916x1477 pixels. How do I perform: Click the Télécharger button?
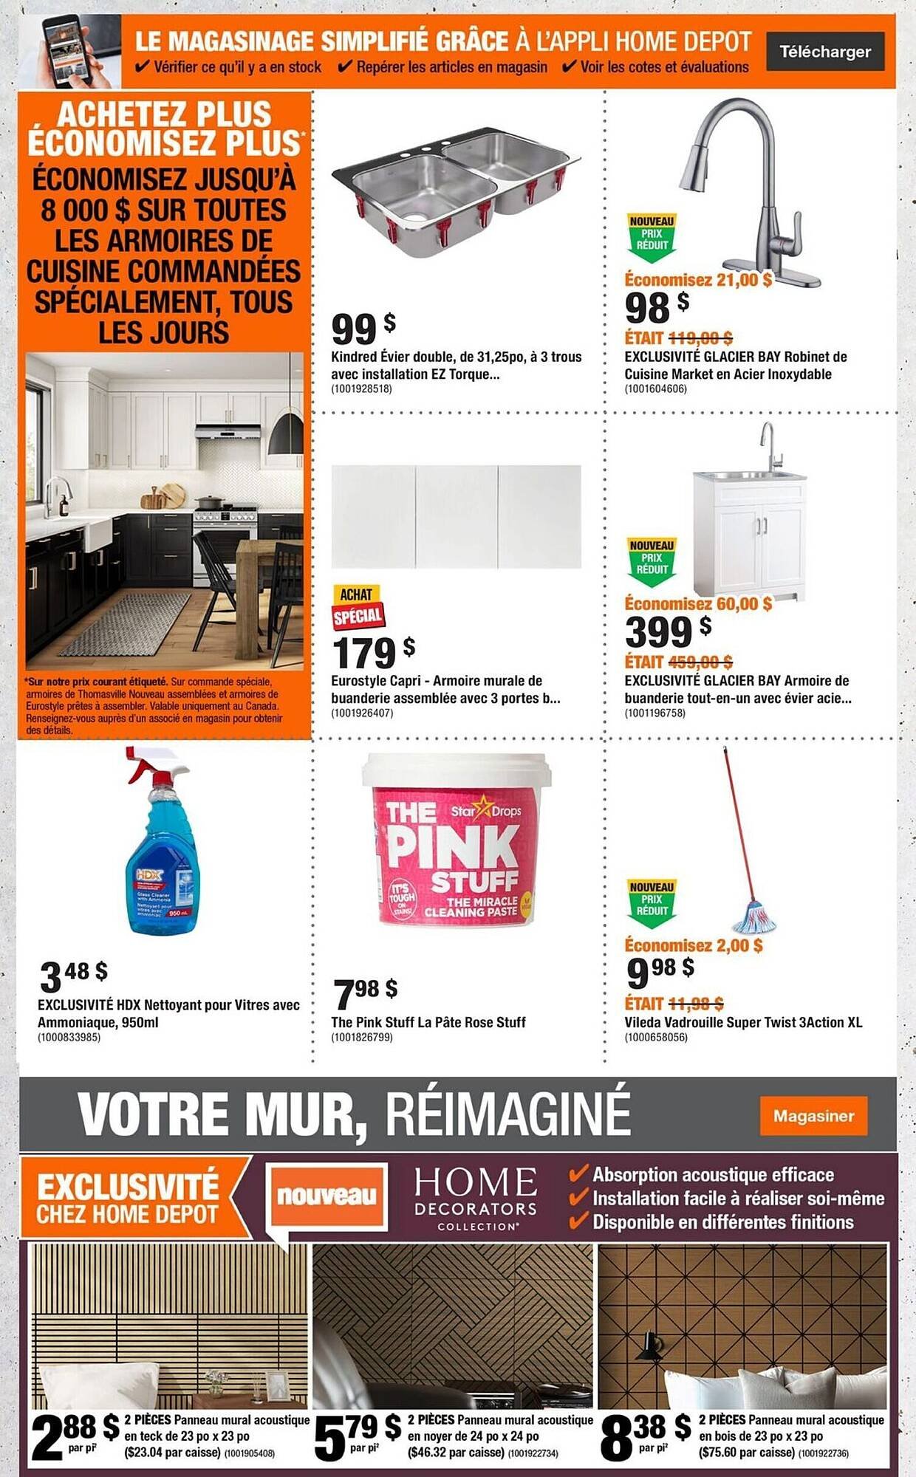pos(825,52)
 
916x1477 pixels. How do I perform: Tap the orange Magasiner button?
pos(813,1116)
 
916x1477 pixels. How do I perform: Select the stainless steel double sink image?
pos(455,191)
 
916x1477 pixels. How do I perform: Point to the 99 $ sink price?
pos(363,328)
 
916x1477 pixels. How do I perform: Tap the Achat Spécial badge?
pos(358,606)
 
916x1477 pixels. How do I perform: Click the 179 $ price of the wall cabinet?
pos(372,652)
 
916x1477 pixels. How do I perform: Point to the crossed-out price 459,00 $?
pos(700,662)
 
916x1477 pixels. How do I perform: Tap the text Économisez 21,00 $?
pos(697,280)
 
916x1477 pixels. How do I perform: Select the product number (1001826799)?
pos(362,1038)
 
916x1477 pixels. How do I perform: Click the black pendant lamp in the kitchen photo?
pos(286,435)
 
